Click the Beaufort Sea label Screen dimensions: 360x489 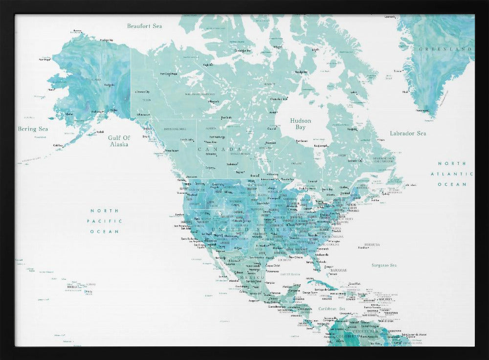click(x=144, y=26)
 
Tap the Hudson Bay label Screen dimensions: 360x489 click(x=300, y=124)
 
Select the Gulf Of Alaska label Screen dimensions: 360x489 click(x=119, y=141)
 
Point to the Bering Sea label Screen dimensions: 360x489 click(x=33, y=129)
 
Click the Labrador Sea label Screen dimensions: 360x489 click(x=408, y=133)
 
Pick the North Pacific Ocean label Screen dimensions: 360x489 click(x=104, y=221)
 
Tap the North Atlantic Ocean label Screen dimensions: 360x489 click(x=452, y=174)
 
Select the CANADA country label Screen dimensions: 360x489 click(x=220, y=149)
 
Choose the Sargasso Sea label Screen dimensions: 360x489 click(x=383, y=265)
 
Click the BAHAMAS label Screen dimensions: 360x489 click(x=338, y=270)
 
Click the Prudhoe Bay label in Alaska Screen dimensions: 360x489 click(x=106, y=40)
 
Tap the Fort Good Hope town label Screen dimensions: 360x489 click(x=168, y=74)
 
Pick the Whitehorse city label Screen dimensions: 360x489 click(x=143, y=114)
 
